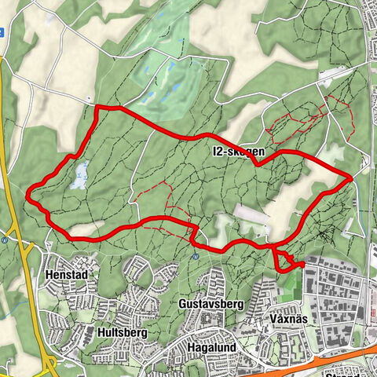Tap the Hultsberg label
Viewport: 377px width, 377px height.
click(123, 332)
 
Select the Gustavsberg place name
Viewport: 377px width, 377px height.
click(212, 303)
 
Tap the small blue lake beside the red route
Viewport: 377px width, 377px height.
click(79, 177)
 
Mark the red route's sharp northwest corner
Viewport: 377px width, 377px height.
click(96, 107)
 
